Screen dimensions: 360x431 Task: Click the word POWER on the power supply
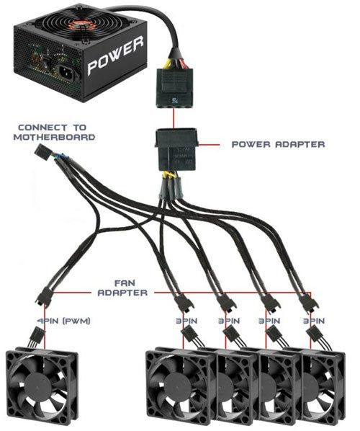[x=116, y=56]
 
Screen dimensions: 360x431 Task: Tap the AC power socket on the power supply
[x=66, y=73]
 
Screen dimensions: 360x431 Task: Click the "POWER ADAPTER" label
[x=278, y=144]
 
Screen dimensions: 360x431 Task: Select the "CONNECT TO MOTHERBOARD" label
[x=54, y=132]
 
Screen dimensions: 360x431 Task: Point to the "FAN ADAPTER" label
[x=122, y=288]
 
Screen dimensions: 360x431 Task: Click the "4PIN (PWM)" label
[x=63, y=321]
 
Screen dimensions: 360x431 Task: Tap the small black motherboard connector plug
[x=42, y=151]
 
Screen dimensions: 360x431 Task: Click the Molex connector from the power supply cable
[x=174, y=88]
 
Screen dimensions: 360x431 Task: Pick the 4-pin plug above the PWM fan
[x=37, y=336]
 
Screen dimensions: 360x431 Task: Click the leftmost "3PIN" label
[x=186, y=321]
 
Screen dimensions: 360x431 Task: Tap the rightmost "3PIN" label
[x=314, y=321]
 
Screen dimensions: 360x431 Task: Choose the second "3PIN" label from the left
[x=229, y=321]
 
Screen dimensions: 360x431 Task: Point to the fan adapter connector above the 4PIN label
[x=45, y=298]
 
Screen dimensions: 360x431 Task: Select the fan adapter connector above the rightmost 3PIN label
[x=308, y=303]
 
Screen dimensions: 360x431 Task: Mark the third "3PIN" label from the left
[x=269, y=321]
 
